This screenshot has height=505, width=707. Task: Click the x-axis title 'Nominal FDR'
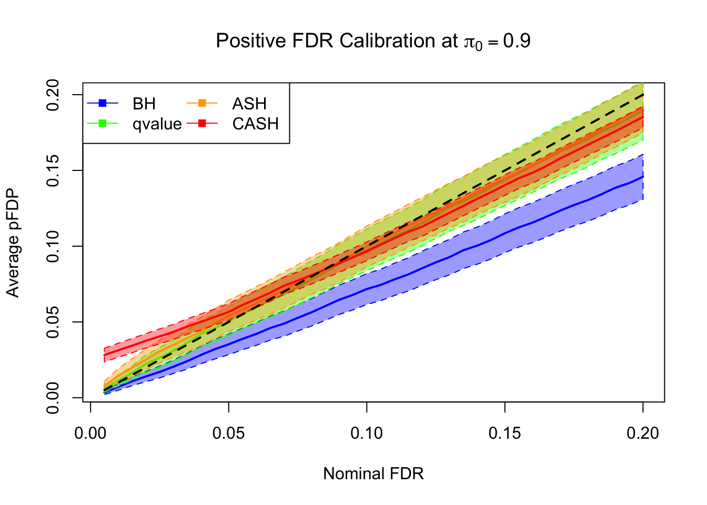373,473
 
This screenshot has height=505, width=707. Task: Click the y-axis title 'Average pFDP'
13,243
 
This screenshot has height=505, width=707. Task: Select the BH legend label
144,104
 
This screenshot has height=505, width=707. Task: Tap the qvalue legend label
157,124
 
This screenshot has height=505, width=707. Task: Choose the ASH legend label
249,104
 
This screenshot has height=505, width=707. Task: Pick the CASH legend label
255,124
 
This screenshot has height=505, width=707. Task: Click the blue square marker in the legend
103,103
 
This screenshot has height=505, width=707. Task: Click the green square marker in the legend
103,124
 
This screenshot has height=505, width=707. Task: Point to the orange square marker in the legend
203,103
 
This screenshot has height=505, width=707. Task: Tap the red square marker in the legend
203,124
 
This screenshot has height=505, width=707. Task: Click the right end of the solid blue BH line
643,177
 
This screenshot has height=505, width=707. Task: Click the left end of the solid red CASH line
105,355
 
